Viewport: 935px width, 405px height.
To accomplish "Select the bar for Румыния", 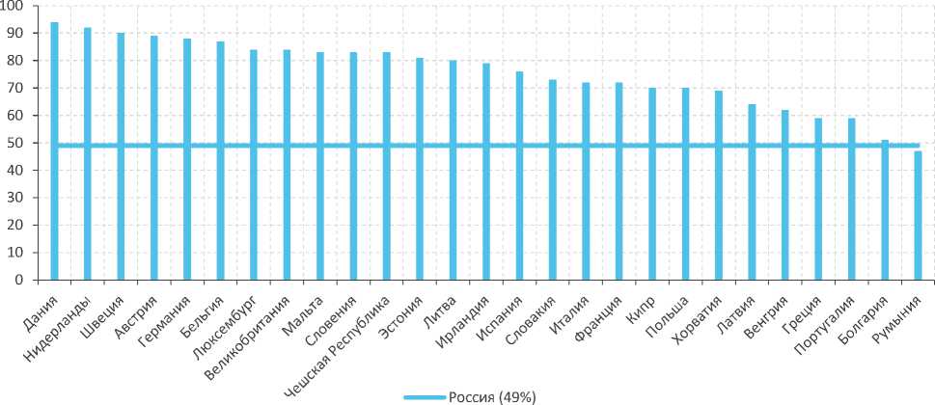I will point(918,215).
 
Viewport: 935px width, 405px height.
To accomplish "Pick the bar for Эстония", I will point(420,169).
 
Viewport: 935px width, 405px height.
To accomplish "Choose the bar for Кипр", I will point(652,184).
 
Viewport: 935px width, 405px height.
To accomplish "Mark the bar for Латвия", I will point(752,192).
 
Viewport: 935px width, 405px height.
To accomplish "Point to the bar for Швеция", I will point(121,156).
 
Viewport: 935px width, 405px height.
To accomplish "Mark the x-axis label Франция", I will point(599,313).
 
